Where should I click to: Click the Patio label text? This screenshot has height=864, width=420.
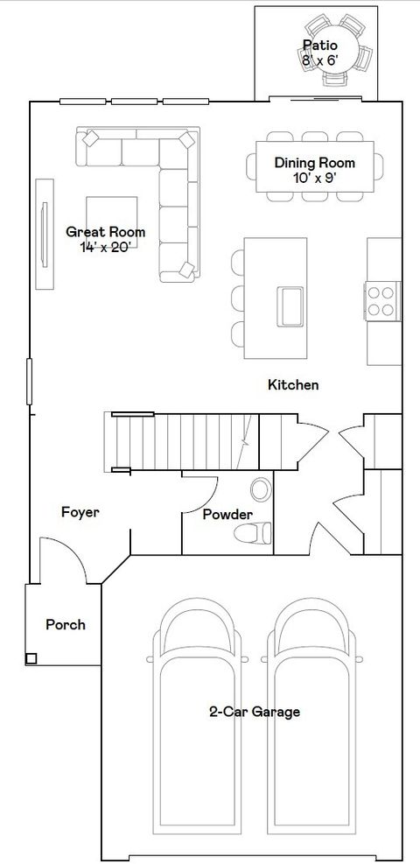point(319,45)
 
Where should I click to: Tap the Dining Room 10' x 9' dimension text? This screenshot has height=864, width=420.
point(314,178)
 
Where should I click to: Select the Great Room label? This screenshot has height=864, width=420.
point(106,232)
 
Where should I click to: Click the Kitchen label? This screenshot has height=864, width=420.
point(293,384)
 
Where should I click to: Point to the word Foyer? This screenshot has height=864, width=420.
point(80,512)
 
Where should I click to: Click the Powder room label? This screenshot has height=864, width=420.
point(227,515)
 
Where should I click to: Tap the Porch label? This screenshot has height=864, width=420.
point(66,624)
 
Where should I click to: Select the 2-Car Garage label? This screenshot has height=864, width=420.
point(254,712)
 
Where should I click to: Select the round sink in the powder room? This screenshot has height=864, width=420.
point(261,488)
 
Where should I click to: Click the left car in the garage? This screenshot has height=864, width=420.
point(197,727)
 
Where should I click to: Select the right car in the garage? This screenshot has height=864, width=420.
point(314,727)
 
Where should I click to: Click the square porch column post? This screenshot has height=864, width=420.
point(31,658)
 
